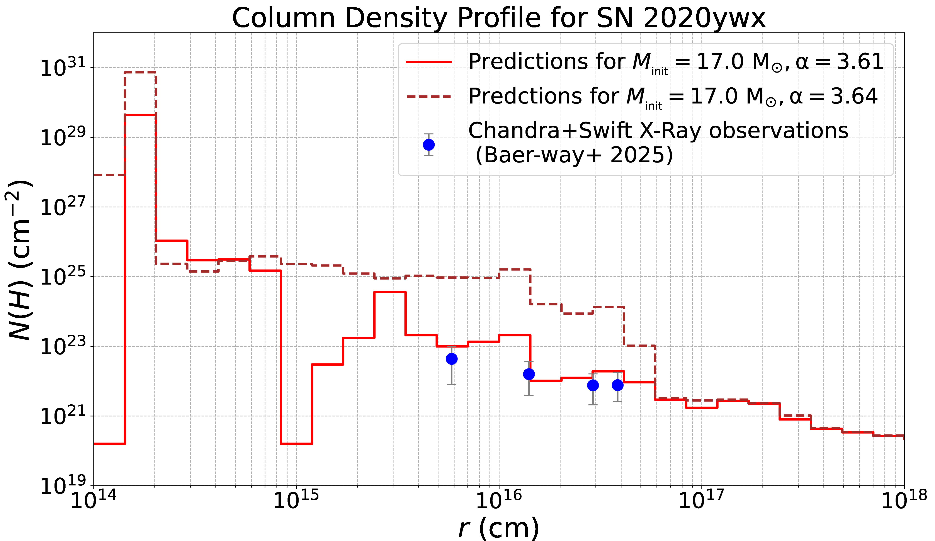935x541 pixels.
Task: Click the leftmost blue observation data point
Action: [452, 359]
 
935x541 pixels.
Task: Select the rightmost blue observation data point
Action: [618, 385]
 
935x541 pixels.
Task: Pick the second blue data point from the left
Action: [529, 374]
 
